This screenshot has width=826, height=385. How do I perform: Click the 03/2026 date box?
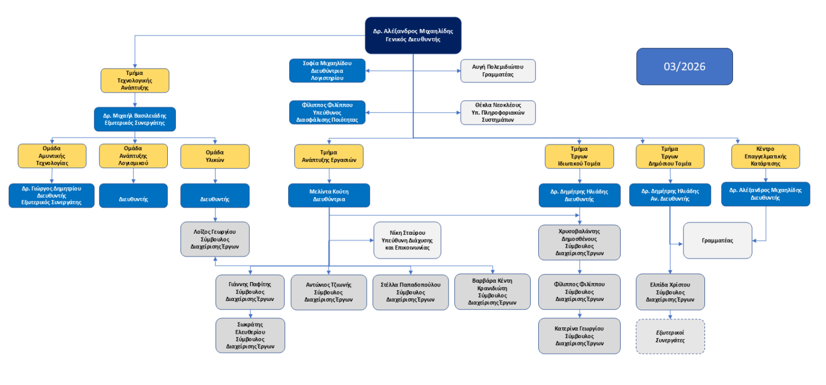click(684, 66)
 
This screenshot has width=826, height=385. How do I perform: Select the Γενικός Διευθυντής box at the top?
click(412, 36)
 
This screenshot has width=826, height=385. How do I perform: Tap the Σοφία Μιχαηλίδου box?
click(327, 71)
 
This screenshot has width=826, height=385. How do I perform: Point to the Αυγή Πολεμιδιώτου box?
click(498, 71)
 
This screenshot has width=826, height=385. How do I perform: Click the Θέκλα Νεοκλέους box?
click(498, 113)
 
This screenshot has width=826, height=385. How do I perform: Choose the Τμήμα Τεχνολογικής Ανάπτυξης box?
click(134, 80)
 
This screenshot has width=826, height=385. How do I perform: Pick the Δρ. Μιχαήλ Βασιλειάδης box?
click(135, 119)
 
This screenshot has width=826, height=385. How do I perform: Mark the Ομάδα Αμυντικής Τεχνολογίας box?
click(52, 156)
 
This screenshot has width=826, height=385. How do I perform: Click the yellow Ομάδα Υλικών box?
click(215, 156)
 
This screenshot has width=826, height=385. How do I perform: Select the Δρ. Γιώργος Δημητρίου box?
click(52, 195)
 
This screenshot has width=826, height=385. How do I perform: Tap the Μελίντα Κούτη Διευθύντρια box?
click(329, 195)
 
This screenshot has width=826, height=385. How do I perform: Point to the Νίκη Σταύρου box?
click(407, 240)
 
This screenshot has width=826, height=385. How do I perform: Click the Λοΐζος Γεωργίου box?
click(215, 239)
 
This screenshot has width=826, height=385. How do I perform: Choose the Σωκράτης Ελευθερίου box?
click(250, 335)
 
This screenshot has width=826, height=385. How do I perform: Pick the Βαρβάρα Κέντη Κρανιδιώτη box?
click(492, 291)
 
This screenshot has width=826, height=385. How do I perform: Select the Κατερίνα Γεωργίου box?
click(579, 335)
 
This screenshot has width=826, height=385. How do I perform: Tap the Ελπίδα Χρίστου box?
click(670, 292)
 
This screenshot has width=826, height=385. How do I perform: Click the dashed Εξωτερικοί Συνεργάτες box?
click(670, 337)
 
